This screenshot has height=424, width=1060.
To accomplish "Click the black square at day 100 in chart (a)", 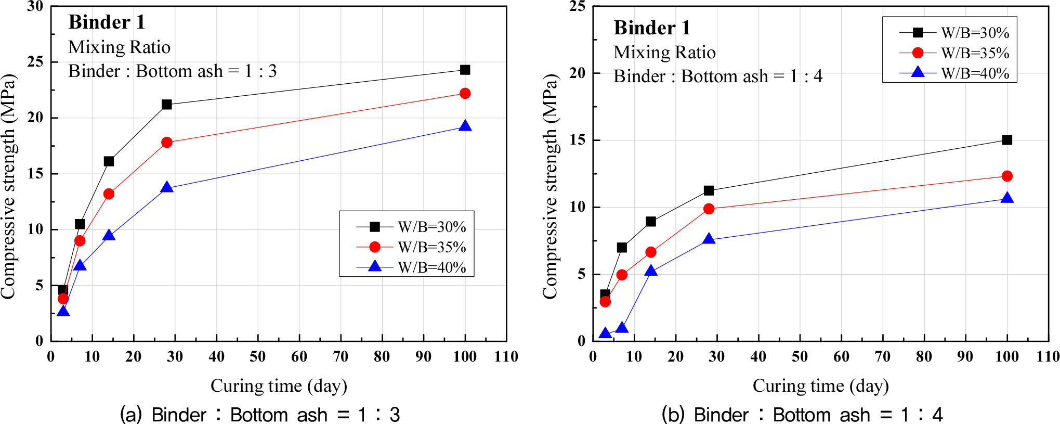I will pos(465,70).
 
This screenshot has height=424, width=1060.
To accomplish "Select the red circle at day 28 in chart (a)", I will pos(167,143).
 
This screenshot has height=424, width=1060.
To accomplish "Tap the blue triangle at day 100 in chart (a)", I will pos(465,126).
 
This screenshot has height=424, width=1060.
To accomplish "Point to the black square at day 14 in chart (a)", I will pos(109,161).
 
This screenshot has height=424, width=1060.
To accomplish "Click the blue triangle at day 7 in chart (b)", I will pos(622,328).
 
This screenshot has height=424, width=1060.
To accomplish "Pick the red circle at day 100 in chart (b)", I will pos(1007,176).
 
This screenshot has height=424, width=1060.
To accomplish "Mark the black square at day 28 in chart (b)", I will pos(709,190).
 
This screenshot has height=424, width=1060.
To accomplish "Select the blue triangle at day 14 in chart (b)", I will pos(651,271).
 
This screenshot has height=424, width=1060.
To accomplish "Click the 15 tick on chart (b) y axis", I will pos(578,140).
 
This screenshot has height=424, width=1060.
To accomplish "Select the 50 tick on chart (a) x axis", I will pos(258,357).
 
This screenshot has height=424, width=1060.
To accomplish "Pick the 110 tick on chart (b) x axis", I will pos(1048,357).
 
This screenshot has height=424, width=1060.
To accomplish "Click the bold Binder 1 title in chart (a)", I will pos(107,22).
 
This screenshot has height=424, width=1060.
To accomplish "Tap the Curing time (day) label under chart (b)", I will pos(820,386).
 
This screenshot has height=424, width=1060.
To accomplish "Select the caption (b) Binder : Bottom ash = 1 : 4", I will pos(802,415).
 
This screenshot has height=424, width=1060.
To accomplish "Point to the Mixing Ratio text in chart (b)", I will pos(664,53).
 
